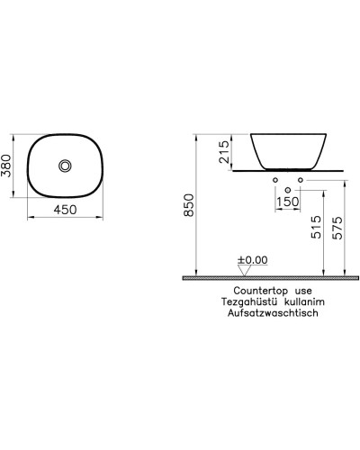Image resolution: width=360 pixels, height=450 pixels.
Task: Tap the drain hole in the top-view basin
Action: (66, 166)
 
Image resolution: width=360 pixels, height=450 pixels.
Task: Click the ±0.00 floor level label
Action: (253, 261)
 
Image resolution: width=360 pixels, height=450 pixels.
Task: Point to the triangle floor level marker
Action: (243, 271)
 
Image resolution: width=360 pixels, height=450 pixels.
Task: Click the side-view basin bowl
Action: (286, 149)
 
